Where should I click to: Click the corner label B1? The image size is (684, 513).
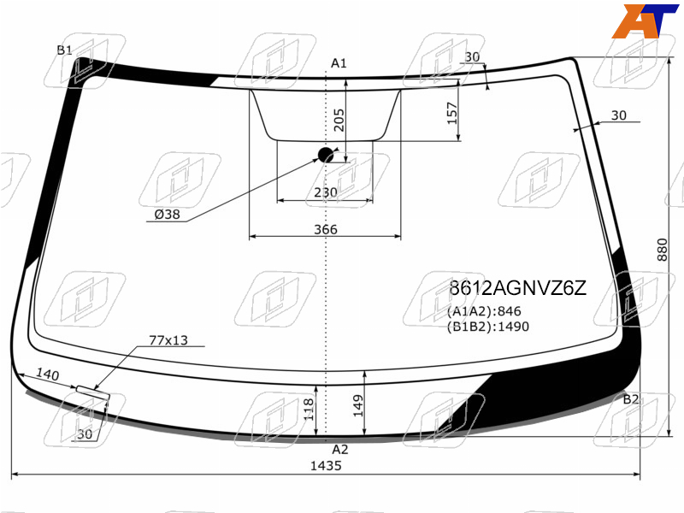(x=65, y=50)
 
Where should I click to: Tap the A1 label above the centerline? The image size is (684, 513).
(x=339, y=63)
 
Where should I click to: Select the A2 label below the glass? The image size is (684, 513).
(x=339, y=450)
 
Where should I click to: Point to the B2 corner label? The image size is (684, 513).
(x=630, y=399)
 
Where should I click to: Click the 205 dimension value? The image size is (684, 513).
(x=339, y=120)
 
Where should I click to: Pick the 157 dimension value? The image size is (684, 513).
(x=452, y=113)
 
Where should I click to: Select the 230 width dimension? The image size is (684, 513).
(x=326, y=192)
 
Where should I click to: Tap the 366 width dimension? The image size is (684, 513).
(x=326, y=229)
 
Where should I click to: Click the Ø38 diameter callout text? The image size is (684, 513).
(x=167, y=215)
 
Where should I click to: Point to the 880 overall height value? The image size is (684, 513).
(x=662, y=250)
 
